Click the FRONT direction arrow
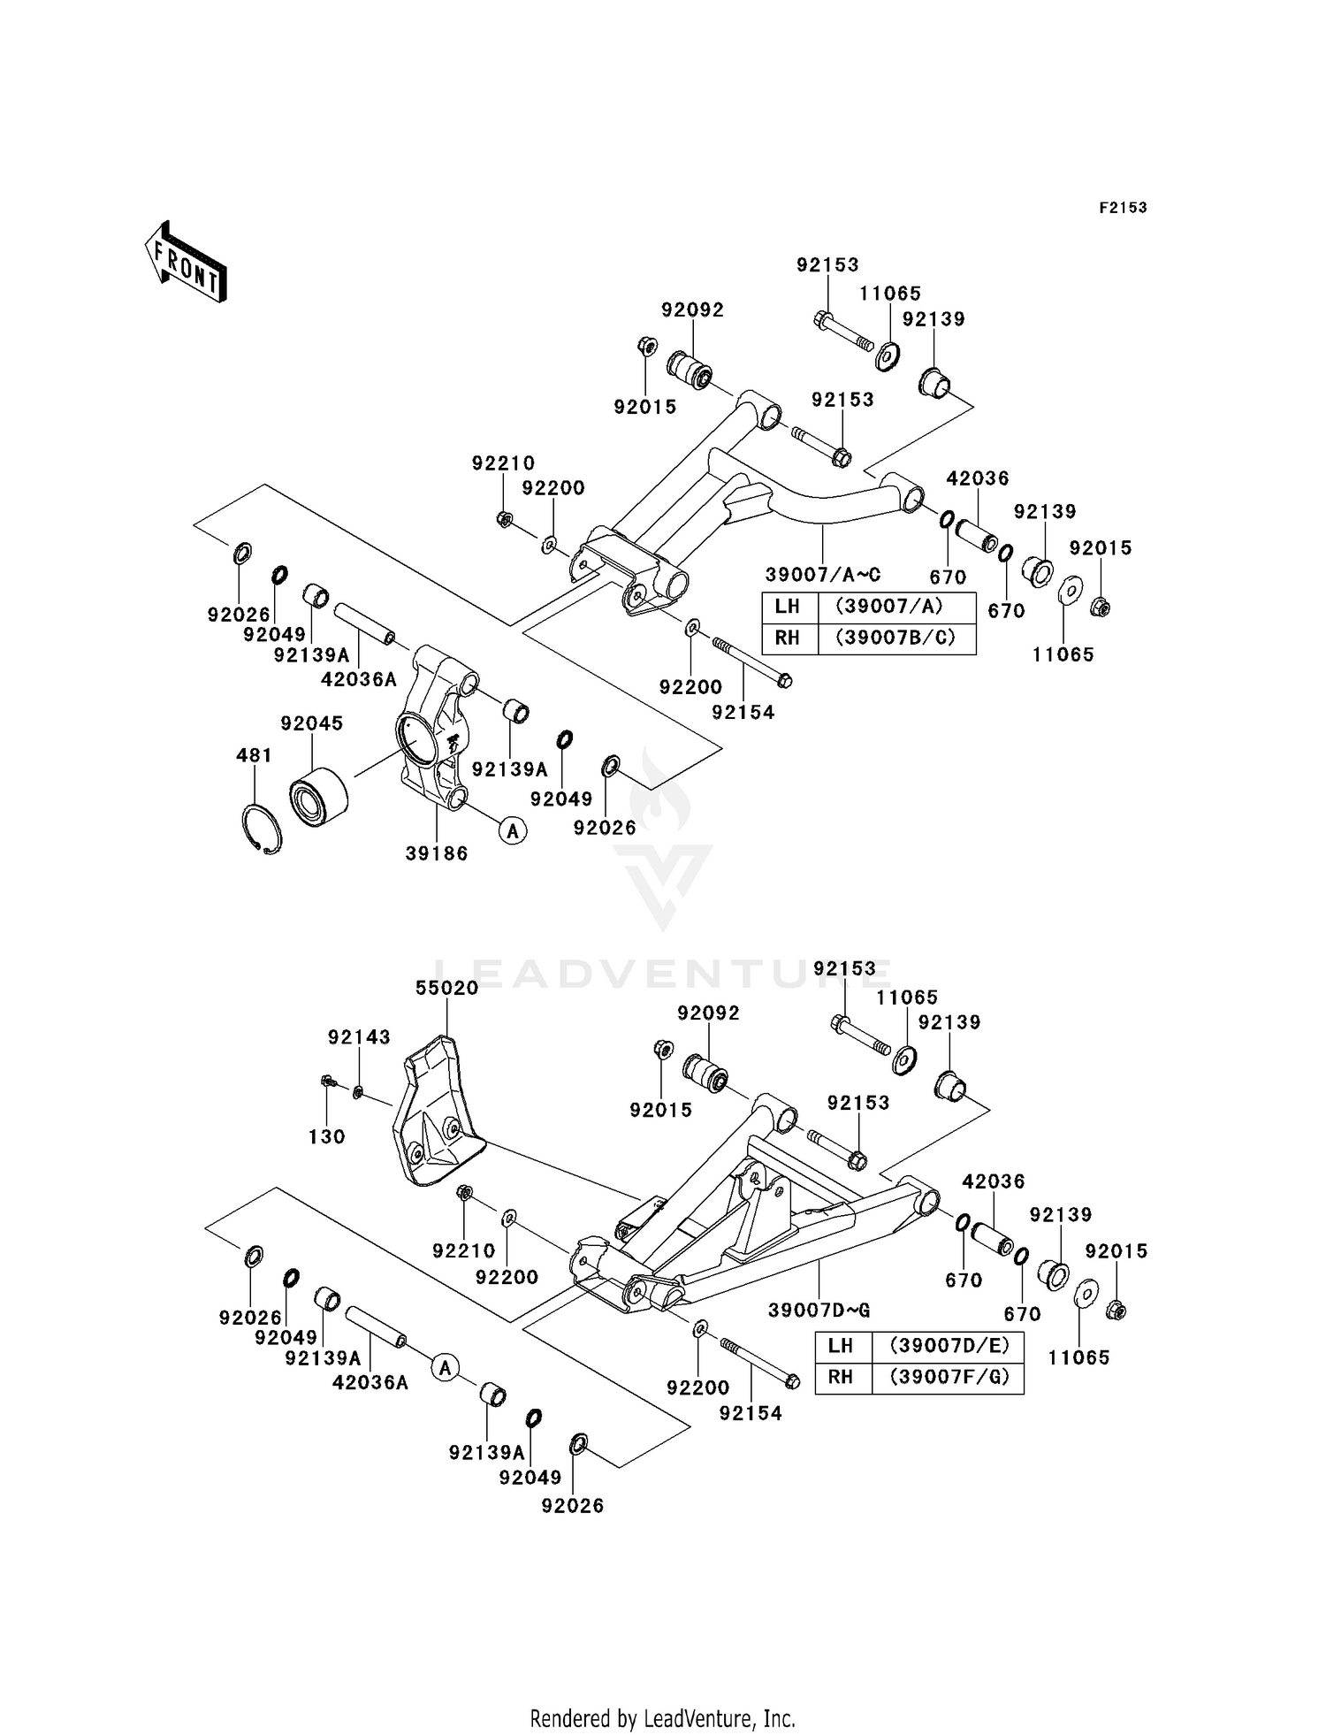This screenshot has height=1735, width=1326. tap(186, 263)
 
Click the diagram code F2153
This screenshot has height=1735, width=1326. tap(1123, 208)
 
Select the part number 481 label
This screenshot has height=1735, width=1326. tap(255, 755)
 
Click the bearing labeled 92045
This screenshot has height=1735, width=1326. tap(318, 797)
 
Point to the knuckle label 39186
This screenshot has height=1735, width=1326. tap(437, 853)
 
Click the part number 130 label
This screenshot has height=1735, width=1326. tap(326, 1136)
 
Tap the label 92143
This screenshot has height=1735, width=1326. tap(359, 1037)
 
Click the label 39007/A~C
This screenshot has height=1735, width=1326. tap(823, 574)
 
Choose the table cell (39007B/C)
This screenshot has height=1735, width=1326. tap(897, 638)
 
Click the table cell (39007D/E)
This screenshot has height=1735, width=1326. tap(947, 1345)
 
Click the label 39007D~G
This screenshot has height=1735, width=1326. tap(819, 1310)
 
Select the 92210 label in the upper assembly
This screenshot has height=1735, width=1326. tap(503, 462)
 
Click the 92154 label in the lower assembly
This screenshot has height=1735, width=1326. tap(751, 1413)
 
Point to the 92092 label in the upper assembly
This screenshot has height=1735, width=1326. tap(692, 310)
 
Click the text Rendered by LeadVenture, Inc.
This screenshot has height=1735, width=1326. tap(662, 1718)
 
